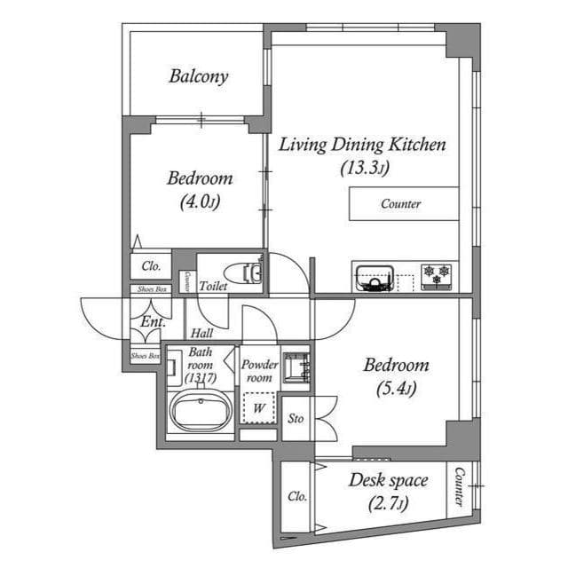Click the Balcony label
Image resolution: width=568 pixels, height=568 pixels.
[199, 76]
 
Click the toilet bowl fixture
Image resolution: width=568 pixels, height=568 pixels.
[242, 273]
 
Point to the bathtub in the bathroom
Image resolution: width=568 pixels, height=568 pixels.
[200, 413]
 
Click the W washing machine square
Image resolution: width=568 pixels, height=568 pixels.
[259, 408]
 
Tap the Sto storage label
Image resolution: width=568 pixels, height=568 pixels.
[296, 417]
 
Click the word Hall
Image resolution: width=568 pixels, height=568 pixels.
[201, 334]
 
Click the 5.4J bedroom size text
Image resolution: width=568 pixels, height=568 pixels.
[397, 388]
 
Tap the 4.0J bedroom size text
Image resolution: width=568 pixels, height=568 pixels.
[199, 201]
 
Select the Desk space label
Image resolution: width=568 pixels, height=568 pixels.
[388, 482]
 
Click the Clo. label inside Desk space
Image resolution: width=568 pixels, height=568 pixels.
[296, 497]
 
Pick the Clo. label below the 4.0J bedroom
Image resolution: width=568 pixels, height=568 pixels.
[151, 265]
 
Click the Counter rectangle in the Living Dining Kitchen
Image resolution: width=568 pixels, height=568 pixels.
[402, 204]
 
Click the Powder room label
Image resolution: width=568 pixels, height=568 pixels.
[259, 371]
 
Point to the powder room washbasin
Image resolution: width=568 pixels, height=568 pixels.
[296, 367]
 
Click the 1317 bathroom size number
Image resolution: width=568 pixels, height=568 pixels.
[201, 378]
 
